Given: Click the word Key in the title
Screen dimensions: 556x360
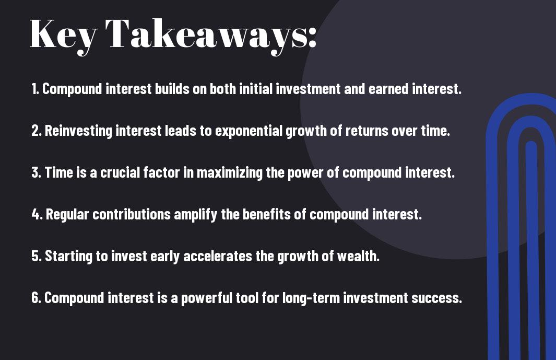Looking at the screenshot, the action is coord(63,35).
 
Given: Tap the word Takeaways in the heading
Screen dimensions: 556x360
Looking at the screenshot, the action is coord(210,35).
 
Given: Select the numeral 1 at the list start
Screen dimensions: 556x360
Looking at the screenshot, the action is coord(34,89).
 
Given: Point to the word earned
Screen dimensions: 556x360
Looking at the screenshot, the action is coord(388,89).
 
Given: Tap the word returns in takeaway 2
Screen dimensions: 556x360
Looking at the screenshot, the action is coord(367,131).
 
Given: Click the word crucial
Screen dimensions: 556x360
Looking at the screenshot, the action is coord(120,172).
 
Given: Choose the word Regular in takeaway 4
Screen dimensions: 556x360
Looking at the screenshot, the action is coord(67,215).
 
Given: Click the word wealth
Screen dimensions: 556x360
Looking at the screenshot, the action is coord(358,256).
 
